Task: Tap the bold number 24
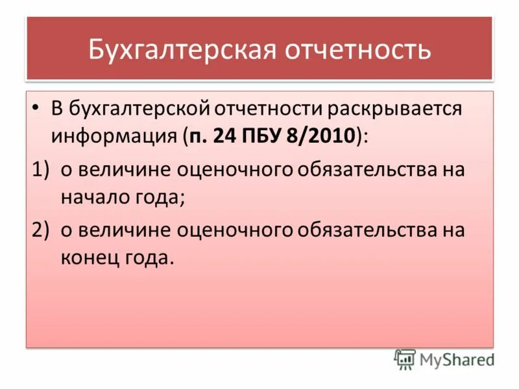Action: point(226,136)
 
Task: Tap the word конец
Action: point(89,259)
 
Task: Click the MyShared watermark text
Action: point(457,359)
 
